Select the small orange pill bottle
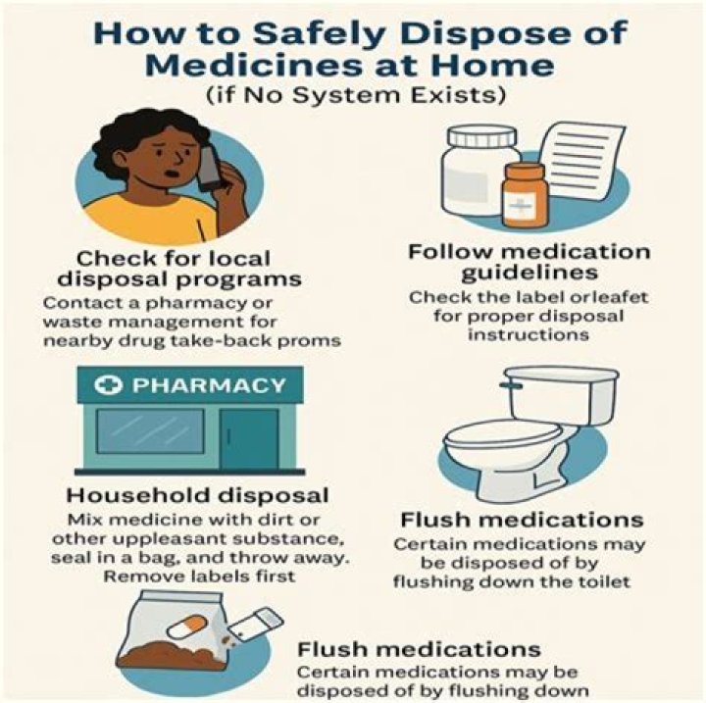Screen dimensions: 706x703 coord(526,196)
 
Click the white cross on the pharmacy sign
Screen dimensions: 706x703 coord(108,385)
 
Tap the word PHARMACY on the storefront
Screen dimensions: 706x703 coord(209,385)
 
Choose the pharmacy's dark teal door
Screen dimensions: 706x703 coord(249,438)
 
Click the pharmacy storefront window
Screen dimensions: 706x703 coord(150,431)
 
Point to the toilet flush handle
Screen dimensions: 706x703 coord(511,385)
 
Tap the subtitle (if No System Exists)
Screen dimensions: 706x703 coord(356,95)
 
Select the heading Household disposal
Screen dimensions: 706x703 coord(198,495)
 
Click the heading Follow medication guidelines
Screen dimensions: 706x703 coord(529,262)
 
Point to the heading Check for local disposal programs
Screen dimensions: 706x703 coord(179,269)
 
